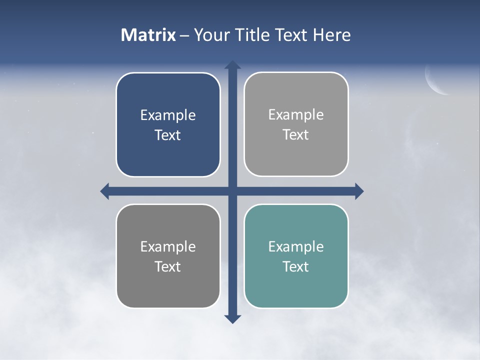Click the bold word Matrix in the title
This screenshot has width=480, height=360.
(x=148, y=35)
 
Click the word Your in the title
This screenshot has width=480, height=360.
(x=210, y=35)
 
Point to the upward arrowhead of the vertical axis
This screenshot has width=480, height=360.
(x=232, y=65)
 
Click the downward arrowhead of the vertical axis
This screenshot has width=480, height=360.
(x=232, y=318)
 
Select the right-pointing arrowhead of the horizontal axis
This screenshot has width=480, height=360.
(x=358, y=191)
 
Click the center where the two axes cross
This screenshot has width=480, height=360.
(x=232, y=191)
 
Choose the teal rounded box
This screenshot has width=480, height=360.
(x=296, y=290)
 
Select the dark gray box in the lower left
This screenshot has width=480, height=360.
(x=168, y=290)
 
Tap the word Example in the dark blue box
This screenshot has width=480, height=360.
(x=168, y=115)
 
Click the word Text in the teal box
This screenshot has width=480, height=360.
(x=296, y=266)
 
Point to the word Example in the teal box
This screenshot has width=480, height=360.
(x=296, y=246)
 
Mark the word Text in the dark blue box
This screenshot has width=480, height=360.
(x=168, y=135)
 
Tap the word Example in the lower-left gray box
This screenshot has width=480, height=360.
(x=168, y=246)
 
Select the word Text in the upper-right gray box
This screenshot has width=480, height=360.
(x=296, y=134)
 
